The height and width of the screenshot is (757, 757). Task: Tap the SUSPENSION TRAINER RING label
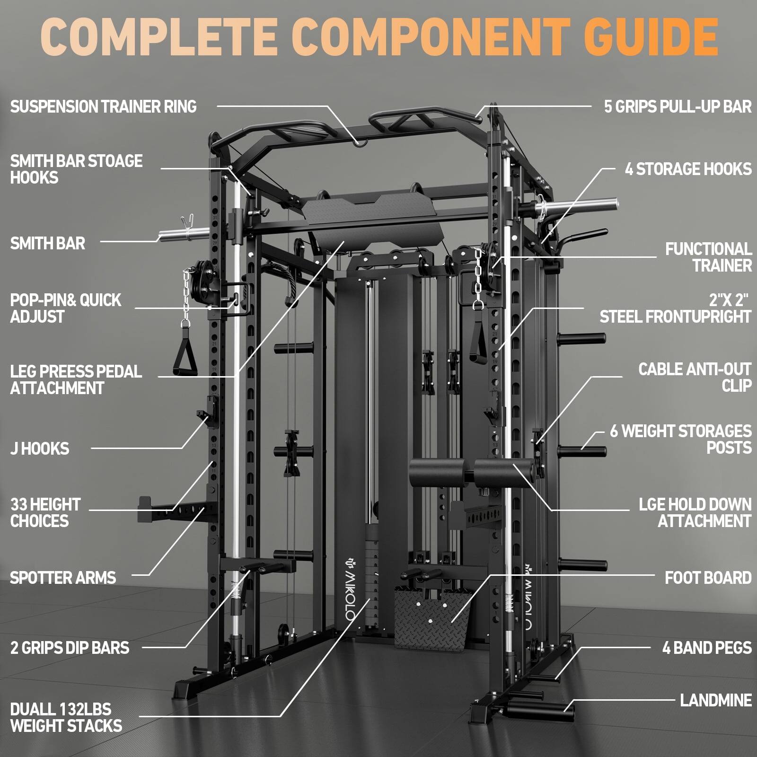point(103,106)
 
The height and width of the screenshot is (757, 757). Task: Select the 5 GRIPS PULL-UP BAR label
point(677,106)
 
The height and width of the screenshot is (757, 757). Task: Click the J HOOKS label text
point(40,449)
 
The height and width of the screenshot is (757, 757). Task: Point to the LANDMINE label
point(715,700)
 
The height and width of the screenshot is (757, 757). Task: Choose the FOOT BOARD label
point(708,578)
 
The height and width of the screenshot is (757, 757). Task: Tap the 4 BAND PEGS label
point(706,648)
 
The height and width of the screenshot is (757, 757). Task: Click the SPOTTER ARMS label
point(63,578)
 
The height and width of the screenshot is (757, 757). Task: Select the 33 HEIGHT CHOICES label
point(45,513)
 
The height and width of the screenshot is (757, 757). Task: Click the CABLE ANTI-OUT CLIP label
point(695,378)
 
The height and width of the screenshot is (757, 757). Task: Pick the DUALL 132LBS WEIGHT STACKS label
point(66,717)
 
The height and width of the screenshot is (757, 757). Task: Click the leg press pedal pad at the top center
point(374,218)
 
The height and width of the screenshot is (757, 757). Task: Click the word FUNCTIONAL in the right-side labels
point(708,249)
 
